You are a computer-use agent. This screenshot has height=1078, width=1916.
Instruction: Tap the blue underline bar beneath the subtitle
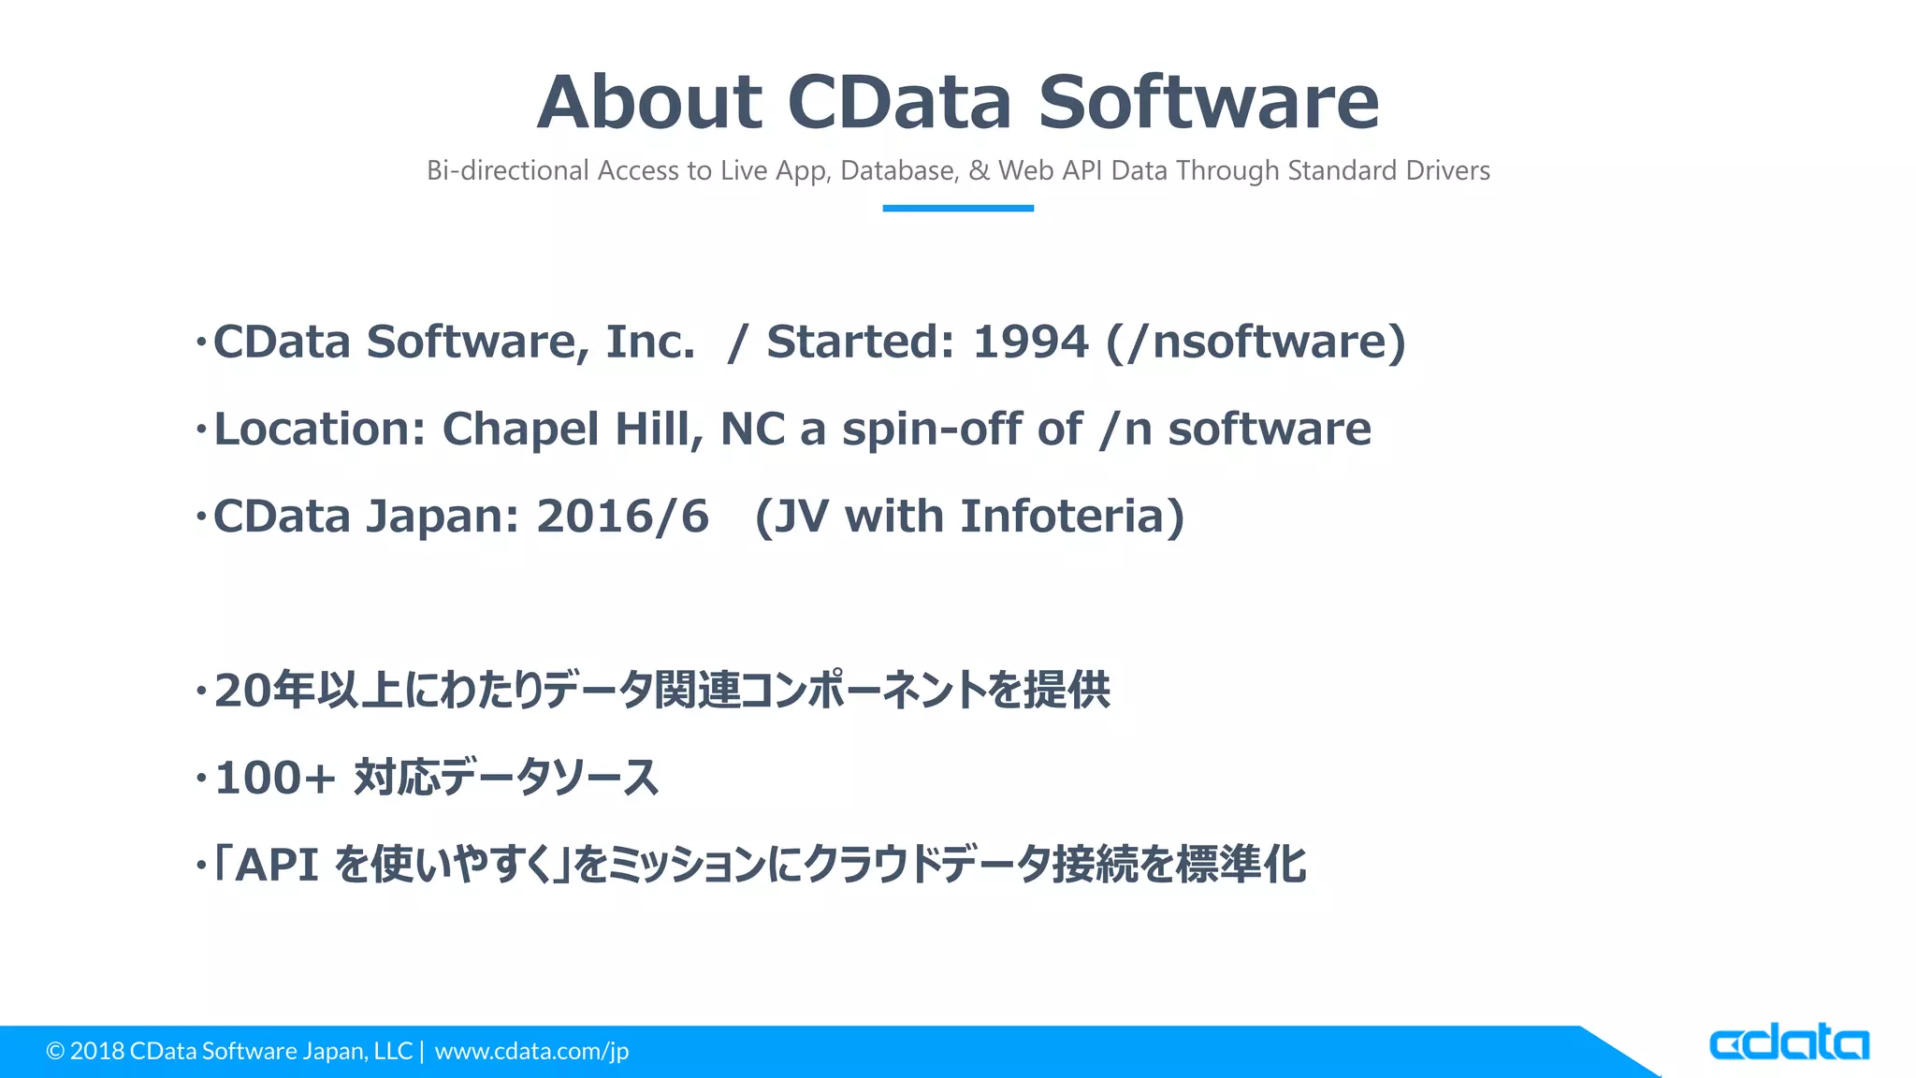tap(957, 208)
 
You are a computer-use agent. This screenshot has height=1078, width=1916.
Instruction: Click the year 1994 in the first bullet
tap(1030, 342)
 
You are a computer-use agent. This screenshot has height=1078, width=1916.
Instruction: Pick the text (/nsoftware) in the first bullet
tap(1256, 342)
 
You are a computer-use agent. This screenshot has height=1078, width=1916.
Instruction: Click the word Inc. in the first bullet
tap(650, 342)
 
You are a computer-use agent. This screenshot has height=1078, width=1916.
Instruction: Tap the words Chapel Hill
tap(572, 430)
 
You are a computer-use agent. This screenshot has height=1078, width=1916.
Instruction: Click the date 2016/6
tap(622, 517)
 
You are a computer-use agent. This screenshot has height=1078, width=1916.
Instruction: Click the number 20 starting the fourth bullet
tap(242, 692)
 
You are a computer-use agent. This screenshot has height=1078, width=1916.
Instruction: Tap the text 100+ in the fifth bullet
tap(274, 778)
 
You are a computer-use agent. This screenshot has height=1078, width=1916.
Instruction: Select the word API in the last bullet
tap(276, 865)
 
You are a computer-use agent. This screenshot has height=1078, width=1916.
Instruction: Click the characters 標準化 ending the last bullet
tap(1241, 865)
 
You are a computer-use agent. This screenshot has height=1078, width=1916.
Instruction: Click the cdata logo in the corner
tap(1788, 1042)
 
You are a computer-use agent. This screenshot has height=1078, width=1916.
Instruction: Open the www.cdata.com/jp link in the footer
tap(531, 1051)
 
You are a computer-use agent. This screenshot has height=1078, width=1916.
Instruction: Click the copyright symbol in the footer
tap(55, 1051)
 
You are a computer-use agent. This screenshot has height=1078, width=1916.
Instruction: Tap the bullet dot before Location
tap(200, 430)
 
